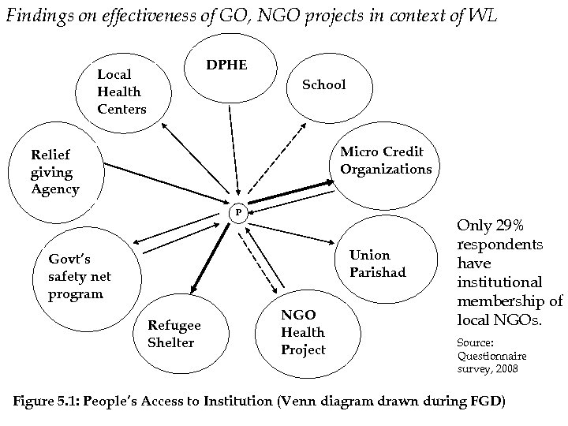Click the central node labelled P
(x=239, y=213)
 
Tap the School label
(x=324, y=84)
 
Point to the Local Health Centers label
(x=121, y=92)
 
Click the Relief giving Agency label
(x=54, y=171)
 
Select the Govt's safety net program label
(x=80, y=276)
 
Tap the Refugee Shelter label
(x=174, y=334)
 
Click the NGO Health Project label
(x=303, y=332)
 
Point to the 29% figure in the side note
(x=516, y=226)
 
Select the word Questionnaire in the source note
(x=492, y=356)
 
